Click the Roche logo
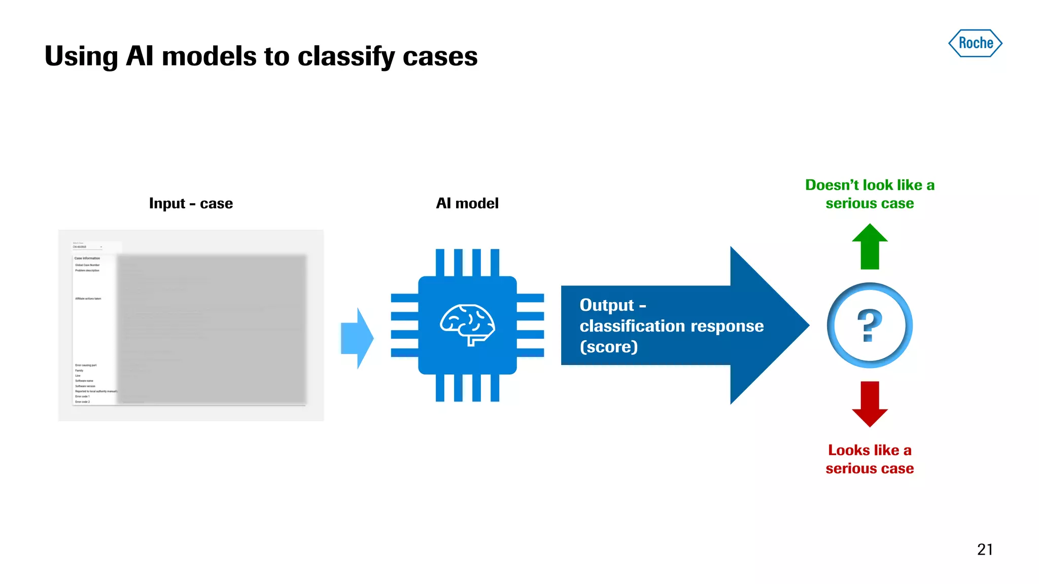[x=975, y=43]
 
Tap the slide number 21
[x=985, y=550]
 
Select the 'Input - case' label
[x=191, y=203]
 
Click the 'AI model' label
[x=467, y=203]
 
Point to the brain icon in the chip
[x=467, y=325]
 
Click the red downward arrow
[x=870, y=404]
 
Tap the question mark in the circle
[x=870, y=325]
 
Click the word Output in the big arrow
[x=607, y=305]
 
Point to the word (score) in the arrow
[x=609, y=347]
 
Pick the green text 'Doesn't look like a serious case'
[x=870, y=194]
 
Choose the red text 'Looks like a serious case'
[x=870, y=459]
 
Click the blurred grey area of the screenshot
[x=212, y=330]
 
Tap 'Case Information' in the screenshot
[x=87, y=258]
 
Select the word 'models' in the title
[x=209, y=57]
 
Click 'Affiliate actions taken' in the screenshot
[x=88, y=299]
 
